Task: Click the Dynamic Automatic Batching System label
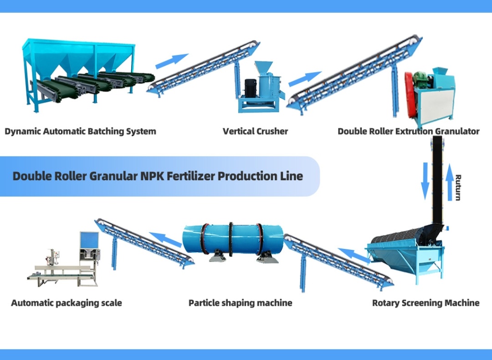(x=80, y=132)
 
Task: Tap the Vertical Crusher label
(x=255, y=132)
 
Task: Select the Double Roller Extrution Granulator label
(x=408, y=132)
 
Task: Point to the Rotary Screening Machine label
(x=425, y=303)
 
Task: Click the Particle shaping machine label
(x=240, y=303)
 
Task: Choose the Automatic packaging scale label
(x=67, y=303)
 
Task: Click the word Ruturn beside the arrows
(x=458, y=188)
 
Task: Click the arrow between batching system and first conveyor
(x=172, y=61)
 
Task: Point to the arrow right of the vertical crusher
(x=305, y=78)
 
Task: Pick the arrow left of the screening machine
(x=354, y=255)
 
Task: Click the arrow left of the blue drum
(x=165, y=239)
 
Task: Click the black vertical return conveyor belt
(x=437, y=182)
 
